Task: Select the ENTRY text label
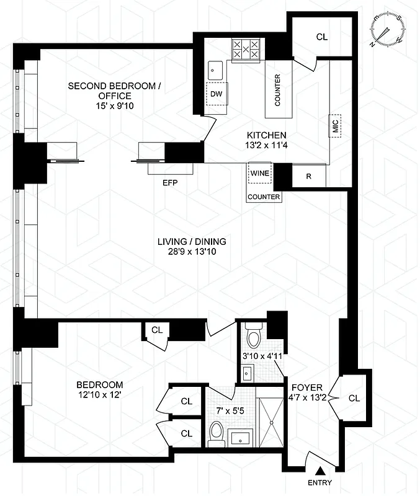coord(319,483)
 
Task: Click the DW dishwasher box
coord(216,95)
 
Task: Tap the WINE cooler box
coord(260,173)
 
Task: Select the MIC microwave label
coord(336,126)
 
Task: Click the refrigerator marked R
coord(308,175)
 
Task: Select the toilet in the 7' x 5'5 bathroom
coord(217,432)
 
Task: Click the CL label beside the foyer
coord(354,398)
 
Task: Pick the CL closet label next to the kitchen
coord(321,37)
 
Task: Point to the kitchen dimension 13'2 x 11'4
coord(266,146)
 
